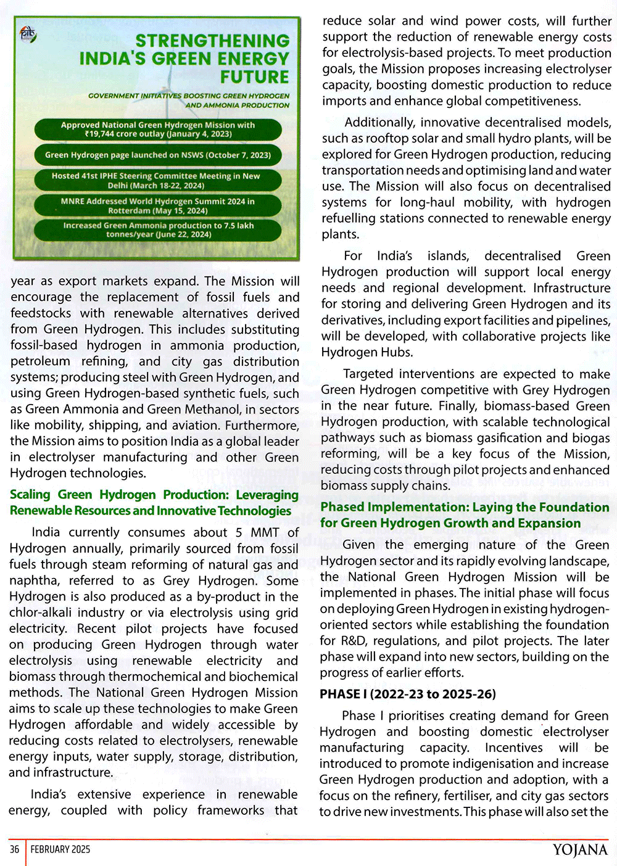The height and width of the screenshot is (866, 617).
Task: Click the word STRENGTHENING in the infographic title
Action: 212,41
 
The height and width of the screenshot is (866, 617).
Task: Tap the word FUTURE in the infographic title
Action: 254,77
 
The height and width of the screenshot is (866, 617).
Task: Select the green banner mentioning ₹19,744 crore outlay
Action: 158,130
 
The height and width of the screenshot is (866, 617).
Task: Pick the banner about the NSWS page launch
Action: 158,155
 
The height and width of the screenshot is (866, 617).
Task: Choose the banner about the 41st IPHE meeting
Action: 158,181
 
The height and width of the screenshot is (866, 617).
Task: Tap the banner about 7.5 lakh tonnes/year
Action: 158,230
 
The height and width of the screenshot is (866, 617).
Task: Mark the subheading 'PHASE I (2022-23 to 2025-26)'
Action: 407,694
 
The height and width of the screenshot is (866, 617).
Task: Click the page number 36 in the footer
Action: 14,849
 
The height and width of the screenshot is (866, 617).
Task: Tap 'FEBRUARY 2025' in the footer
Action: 60,849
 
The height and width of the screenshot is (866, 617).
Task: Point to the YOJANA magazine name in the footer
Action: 579,850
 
